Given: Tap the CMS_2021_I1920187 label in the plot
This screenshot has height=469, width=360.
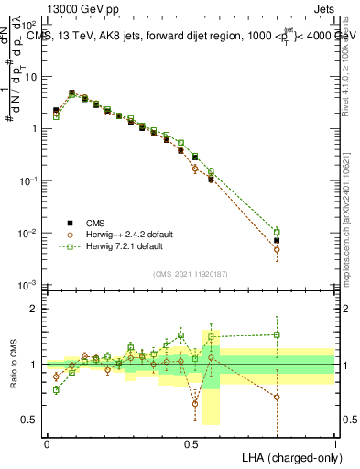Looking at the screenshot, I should tap(190, 273).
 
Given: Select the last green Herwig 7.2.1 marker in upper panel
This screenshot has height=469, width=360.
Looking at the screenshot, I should tap(277, 232).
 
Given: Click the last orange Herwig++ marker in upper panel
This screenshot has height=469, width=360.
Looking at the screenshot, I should tap(277, 249).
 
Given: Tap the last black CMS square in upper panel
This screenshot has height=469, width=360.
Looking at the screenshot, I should tap(277, 240).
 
